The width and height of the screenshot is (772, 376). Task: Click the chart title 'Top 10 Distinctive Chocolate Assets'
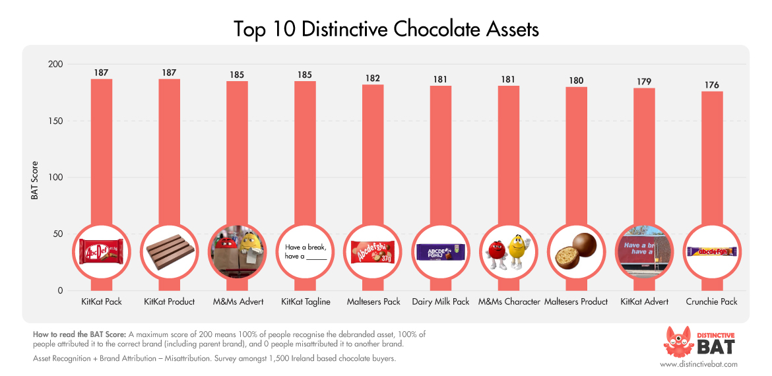(x=386, y=29)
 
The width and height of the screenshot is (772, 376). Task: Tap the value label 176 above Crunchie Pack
(x=711, y=85)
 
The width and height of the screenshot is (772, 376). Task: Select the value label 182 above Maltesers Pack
(x=373, y=78)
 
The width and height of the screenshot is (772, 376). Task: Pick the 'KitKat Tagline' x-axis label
(x=306, y=301)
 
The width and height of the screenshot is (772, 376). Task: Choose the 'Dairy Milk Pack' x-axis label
(x=441, y=301)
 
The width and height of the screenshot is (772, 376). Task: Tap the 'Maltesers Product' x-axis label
(x=575, y=301)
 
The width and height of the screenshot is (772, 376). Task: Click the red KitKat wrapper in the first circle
(x=101, y=251)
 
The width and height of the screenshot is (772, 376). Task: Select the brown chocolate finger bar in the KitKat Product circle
(x=169, y=252)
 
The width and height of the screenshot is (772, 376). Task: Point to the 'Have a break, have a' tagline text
(x=306, y=252)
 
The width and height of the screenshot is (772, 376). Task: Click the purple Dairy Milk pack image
(x=441, y=251)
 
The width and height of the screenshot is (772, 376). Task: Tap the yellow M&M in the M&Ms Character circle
(x=517, y=251)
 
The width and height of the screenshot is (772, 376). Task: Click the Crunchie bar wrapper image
(x=711, y=251)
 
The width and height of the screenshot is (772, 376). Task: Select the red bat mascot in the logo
(x=676, y=340)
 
